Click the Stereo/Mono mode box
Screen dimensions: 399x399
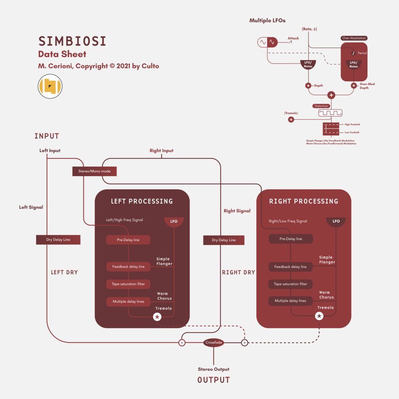(94, 171)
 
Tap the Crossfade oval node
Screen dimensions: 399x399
(214, 342)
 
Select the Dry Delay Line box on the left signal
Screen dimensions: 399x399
(58, 240)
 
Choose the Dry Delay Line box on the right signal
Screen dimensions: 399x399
(224, 240)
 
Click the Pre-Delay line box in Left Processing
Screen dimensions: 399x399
(128, 240)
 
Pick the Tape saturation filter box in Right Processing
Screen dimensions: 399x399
(291, 284)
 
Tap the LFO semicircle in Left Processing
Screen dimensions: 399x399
(174, 222)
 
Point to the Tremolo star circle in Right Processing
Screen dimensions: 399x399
(319, 316)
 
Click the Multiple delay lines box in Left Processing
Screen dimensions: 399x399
(128, 302)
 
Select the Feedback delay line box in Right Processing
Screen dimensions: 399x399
(291, 267)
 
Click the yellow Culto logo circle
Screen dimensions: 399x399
(50, 86)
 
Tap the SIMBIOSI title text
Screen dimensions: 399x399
(72, 41)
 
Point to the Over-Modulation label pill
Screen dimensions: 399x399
(354, 38)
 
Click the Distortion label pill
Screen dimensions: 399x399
(321, 106)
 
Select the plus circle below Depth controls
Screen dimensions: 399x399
(331, 95)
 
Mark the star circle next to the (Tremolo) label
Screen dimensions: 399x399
(291, 120)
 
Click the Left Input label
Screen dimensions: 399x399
(50, 151)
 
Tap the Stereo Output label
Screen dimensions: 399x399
(214, 369)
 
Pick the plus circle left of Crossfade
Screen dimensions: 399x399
(182, 343)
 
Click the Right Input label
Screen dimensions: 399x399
(162, 151)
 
